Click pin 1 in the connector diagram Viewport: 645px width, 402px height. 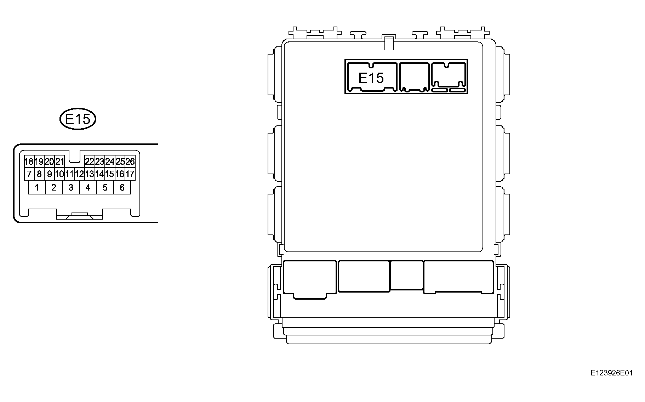(x=37, y=187)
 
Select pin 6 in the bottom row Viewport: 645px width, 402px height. (x=122, y=187)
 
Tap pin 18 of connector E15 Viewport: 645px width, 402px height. (x=29, y=162)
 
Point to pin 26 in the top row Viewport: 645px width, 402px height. (x=130, y=162)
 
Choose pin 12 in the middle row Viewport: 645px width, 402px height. (x=79, y=174)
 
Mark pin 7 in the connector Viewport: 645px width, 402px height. (x=29, y=174)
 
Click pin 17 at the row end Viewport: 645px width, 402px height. (x=130, y=174)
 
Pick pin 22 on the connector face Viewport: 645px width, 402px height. (x=90, y=162)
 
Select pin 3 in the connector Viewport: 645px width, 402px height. (x=71, y=187)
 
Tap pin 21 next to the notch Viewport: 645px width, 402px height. (x=59, y=162)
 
